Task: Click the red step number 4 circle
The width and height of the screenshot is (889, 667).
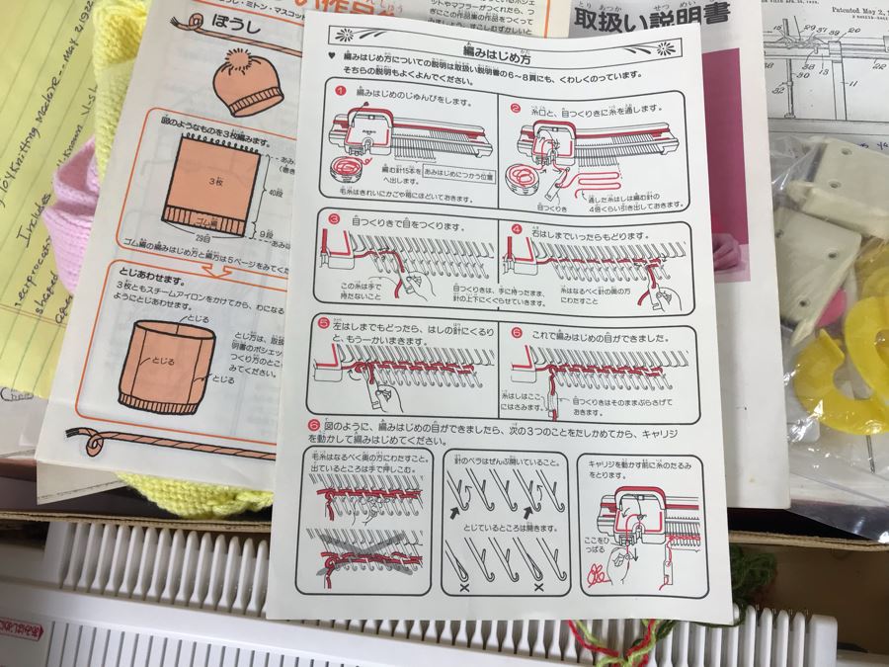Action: tap(517, 230)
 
